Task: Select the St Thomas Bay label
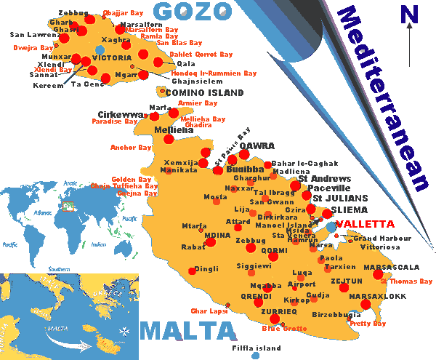tap(406, 281)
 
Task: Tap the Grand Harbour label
tap(376, 238)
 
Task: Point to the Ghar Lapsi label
tap(209, 311)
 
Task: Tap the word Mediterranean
tap(385, 98)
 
